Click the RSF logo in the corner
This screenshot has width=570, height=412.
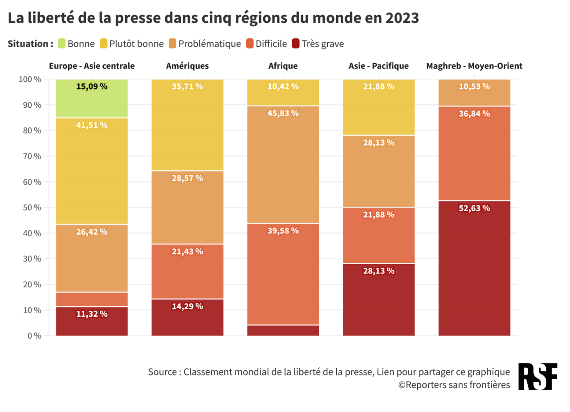pyautogui.click(x=537, y=377)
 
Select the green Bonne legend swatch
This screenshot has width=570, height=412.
pyautogui.click(x=61, y=44)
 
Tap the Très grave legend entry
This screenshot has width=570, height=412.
pyautogui.click(x=318, y=44)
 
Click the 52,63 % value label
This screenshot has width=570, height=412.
pyautogui.click(x=474, y=208)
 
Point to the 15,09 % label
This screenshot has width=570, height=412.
pyautogui.click(x=92, y=86)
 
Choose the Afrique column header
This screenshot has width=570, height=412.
pyautogui.click(x=283, y=66)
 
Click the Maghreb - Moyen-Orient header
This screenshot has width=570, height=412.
pyautogui.click(x=474, y=66)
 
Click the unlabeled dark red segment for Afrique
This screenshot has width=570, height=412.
pyautogui.click(x=283, y=330)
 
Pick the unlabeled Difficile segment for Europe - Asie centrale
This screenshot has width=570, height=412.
pyautogui.click(x=92, y=299)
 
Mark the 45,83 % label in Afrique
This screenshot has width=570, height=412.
pyautogui.click(x=283, y=113)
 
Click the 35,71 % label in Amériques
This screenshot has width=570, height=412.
pyautogui.click(x=187, y=86)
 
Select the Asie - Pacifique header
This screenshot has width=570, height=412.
pyautogui.click(x=379, y=66)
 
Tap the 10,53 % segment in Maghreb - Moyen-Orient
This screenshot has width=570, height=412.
pyautogui.click(x=474, y=93)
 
